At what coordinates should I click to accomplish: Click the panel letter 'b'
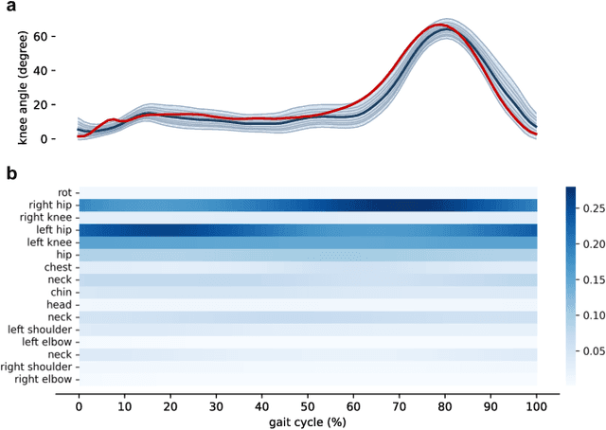pos(10,173)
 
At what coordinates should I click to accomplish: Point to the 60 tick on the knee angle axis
pos(57,36)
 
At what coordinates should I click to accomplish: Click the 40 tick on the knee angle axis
pos(57,70)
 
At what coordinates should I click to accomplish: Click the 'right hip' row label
pos(47,206)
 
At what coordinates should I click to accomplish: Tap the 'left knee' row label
pos(48,242)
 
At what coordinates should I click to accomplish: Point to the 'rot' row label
pos(64,193)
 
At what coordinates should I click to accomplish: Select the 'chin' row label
pos(61,292)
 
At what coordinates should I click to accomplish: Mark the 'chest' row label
pos(58,267)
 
